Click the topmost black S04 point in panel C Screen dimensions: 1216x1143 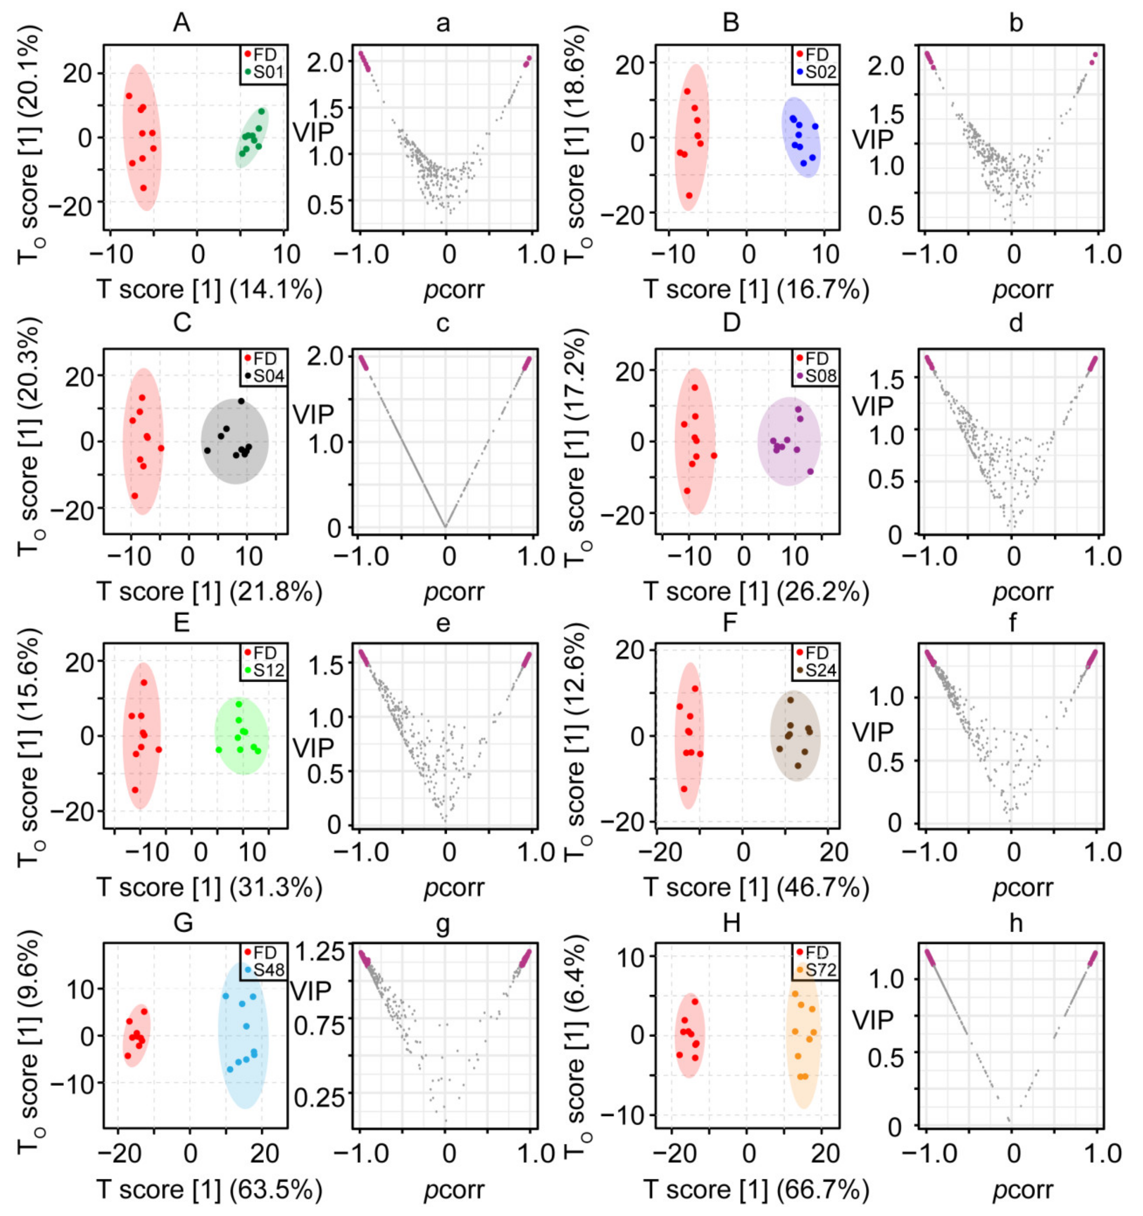pyautogui.click(x=241, y=401)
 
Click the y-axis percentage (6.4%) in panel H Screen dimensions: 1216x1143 pyautogui.click(x=578, y=963)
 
